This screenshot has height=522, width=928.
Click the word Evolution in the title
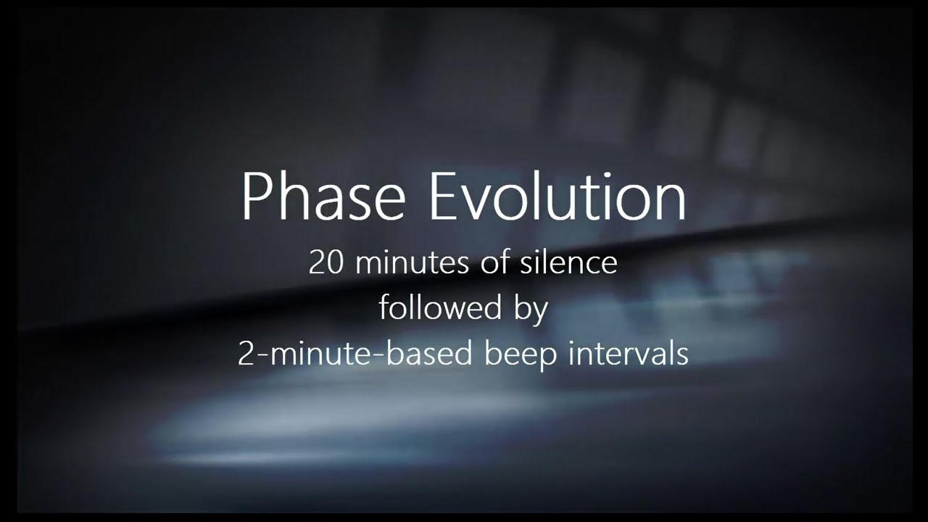558,197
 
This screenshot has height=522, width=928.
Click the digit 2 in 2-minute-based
245,354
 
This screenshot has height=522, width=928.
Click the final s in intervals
682,355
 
